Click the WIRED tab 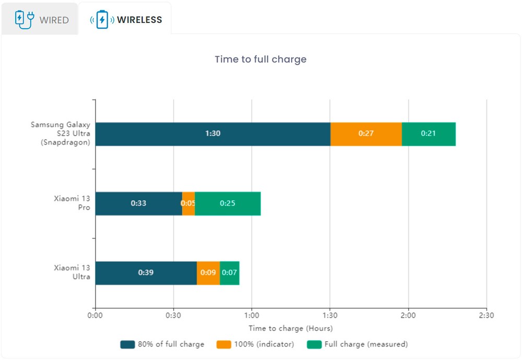[42, 20]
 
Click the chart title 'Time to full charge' [260, 59]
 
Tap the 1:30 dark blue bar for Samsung [212, 134]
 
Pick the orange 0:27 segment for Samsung [366, 134]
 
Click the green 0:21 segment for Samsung [429, 134]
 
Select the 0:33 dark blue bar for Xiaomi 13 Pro [138, 203]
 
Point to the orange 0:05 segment [188, 203]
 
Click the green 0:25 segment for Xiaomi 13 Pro [228, 203]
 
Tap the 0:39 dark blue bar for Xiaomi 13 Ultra [146, 273]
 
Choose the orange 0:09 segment [208, 273]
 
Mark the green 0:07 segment [230, 273]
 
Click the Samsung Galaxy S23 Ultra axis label [60, 134]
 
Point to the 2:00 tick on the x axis [408, 315]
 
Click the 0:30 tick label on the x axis [173, 315]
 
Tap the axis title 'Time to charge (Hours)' [290, 329]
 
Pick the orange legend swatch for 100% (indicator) [224, 344]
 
